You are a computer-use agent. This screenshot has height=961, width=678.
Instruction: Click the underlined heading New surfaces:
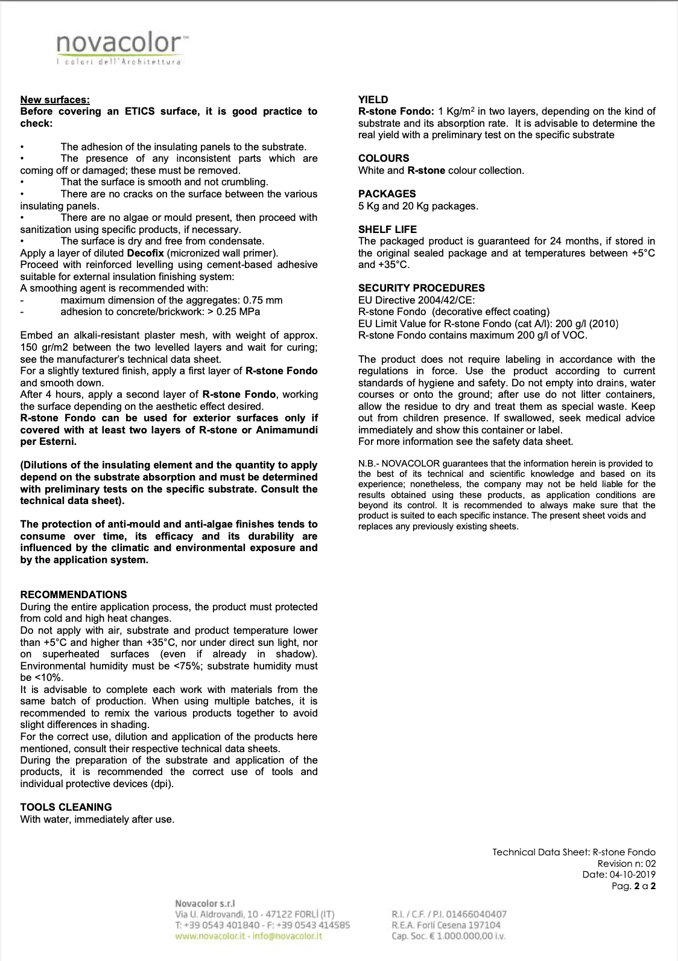click(x=55, y=100)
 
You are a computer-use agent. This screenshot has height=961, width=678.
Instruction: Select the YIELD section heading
click(x=373, y=100)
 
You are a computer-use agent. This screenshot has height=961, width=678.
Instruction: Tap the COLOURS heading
click(x=384, y=158)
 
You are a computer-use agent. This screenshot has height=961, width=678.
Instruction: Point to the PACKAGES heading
click(x=387, y=194)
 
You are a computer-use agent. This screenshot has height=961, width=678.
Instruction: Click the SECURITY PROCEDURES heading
click(x=421, y=288)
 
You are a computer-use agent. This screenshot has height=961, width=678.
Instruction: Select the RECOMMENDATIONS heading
click(x=74, y=595)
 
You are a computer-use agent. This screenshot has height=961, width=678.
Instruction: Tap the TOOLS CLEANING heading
click(x=66, y=807)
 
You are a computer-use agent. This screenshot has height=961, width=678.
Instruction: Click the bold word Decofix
click(x=146, y=253)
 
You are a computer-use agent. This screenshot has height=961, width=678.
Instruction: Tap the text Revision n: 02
click(x=626, y=863)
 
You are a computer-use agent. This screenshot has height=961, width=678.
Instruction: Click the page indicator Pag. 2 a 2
click(x=633, y=886)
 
